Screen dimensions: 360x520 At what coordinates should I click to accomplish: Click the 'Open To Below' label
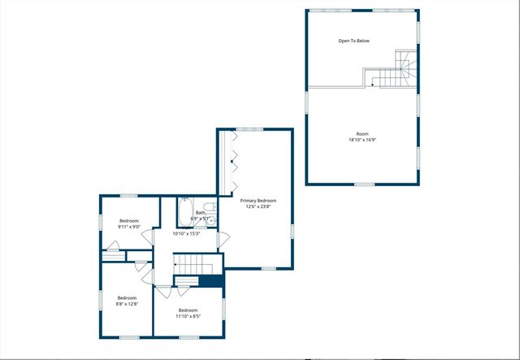[354, 41]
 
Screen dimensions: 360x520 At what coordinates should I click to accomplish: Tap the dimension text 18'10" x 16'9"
[362, 140]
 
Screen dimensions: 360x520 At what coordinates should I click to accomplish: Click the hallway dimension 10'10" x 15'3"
[186, 233]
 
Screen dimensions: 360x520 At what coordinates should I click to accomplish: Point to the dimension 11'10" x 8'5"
[188, 317]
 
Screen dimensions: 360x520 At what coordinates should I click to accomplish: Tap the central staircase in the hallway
[193, 264]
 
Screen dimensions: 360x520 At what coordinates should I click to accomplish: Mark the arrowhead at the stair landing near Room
[373, 83]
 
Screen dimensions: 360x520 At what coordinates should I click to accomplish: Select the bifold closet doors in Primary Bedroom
[234, 163]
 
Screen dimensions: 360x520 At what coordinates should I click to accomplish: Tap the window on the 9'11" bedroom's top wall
[128, 196]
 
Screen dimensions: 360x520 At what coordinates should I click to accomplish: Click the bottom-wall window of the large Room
[364, 184]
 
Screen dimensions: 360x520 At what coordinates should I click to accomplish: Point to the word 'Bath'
[200, 213]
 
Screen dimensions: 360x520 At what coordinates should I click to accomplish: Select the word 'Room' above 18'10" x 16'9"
[362, 133]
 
